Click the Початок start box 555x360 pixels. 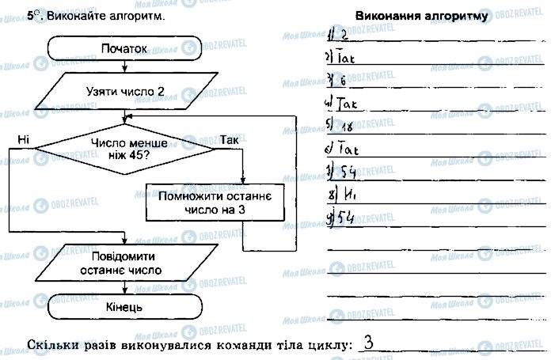[124, 49]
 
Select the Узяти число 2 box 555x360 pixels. [125, 91]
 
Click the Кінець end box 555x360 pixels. [124, 305]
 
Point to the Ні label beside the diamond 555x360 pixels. [22, 140]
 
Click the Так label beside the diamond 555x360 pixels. [230, 140]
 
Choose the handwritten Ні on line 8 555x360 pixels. [346, 195]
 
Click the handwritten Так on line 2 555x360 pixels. [348, 58]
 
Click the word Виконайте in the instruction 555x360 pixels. [74, 16]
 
